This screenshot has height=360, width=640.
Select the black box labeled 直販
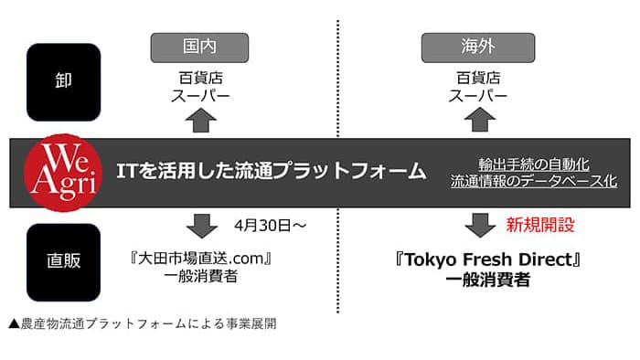[63, 260]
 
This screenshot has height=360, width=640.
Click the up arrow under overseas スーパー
[478, 120]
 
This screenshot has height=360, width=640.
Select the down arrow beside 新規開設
[478, 225]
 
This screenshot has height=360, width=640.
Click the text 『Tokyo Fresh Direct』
[489, 260]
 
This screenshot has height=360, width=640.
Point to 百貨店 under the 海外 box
[471, 78]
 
